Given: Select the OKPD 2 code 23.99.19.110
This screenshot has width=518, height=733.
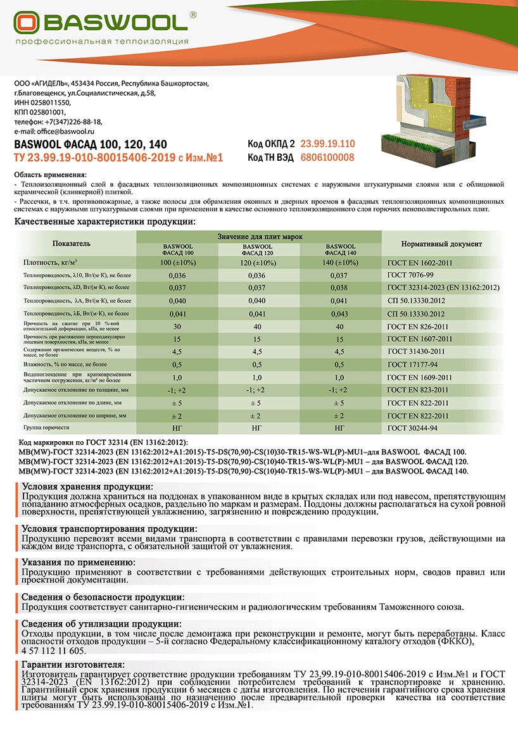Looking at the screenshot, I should tap(327, 144).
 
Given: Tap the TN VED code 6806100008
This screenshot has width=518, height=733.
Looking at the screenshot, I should tap(327, 158).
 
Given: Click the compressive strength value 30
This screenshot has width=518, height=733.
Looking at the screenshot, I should tap(177, 326).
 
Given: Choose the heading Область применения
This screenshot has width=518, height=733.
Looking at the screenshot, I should tap(51, 174).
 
